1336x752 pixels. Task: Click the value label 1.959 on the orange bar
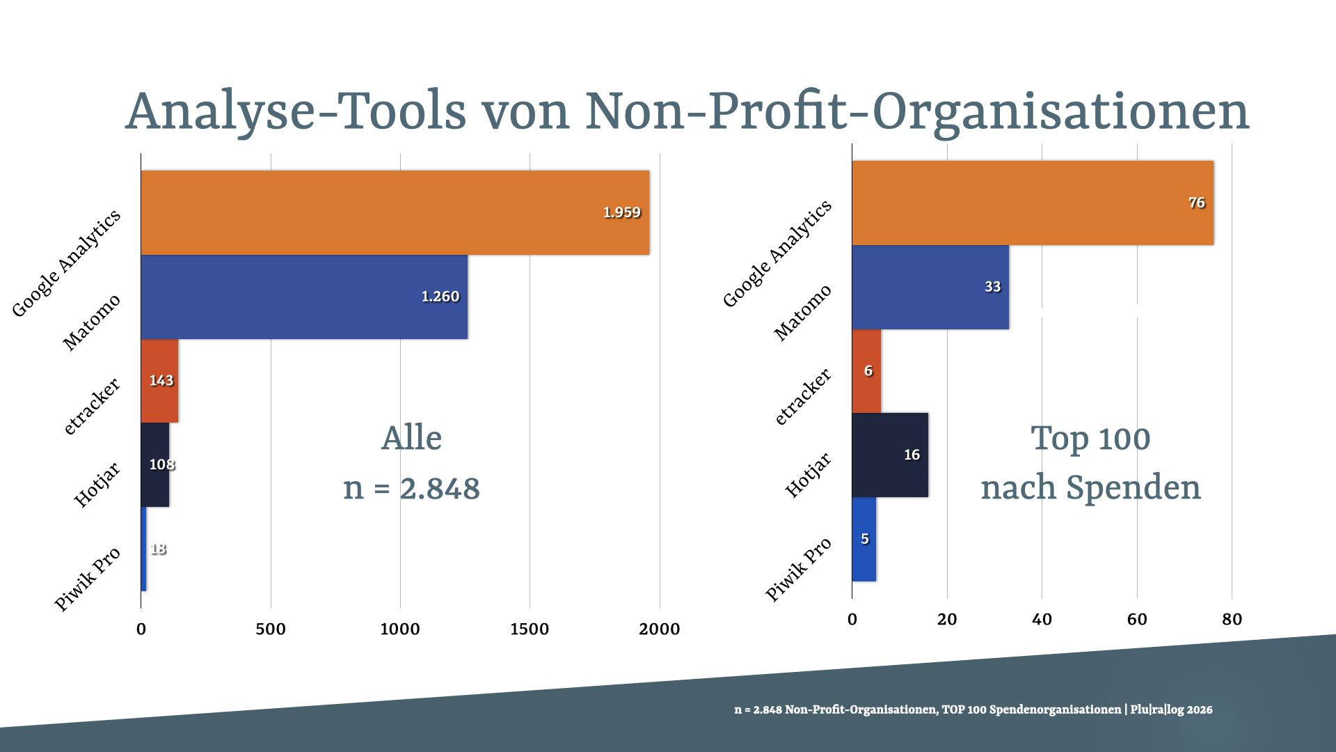621,212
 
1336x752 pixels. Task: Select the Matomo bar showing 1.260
304,297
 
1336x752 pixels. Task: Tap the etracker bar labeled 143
160,381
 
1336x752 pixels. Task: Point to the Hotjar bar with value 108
155,464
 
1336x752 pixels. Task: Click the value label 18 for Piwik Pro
159,549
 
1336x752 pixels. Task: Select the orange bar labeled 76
1032,203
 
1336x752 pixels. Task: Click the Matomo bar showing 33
930,287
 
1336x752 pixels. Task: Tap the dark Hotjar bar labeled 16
889,455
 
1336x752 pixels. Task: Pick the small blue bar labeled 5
864,539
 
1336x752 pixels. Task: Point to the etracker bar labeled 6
866,371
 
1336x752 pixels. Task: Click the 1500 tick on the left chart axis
530,629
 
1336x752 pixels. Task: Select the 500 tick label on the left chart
270,629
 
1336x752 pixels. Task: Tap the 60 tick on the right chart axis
1136,620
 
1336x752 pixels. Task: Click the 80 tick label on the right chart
1232,620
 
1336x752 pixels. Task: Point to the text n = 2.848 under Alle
411,488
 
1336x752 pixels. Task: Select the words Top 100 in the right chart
1090,439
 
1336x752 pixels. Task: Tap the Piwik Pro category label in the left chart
88,579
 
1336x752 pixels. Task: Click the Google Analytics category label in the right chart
777,254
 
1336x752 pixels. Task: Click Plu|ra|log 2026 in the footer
1171,710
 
